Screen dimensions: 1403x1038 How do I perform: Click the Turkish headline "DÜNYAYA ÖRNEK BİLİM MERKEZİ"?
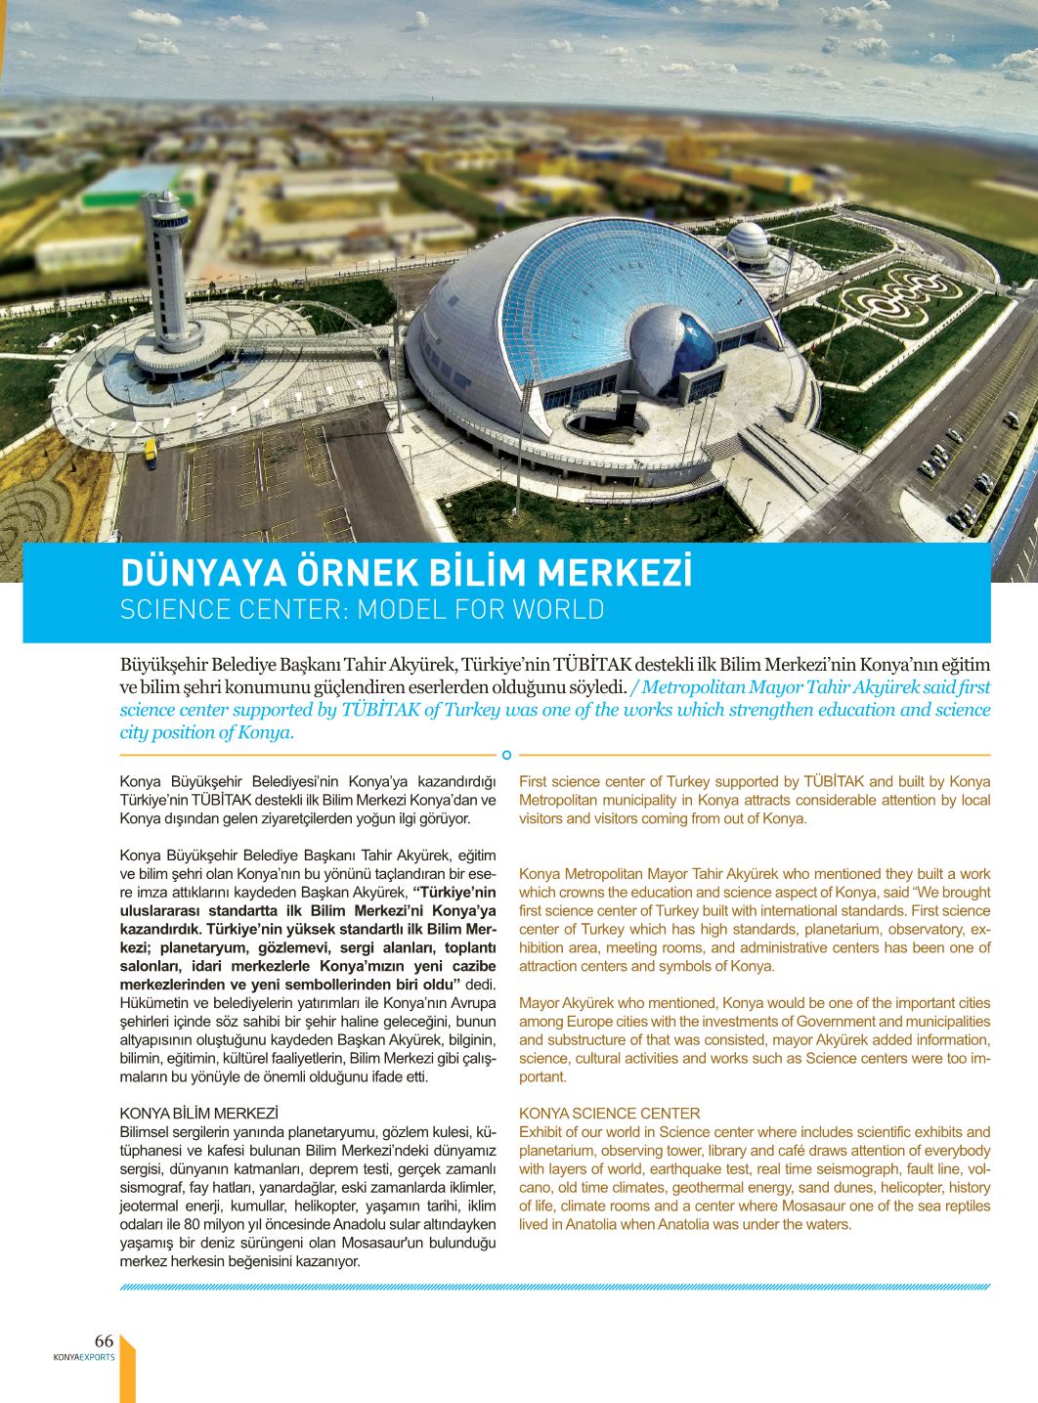(x=405, y=573)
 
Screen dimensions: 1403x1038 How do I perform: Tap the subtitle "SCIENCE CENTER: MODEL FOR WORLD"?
(x=362, y=610)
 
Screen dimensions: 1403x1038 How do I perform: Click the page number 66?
(x=104, y=1340)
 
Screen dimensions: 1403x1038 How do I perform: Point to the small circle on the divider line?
(x=506, y=755)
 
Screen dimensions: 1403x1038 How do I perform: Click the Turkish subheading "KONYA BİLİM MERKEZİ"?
(x=198, y=1114)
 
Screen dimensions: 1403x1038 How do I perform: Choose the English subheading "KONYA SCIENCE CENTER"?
(x=609, y=1114)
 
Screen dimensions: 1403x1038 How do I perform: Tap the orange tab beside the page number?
(x=125, y=1364)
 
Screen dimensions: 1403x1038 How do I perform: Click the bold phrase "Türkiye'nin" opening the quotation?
(x=454, y=892)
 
